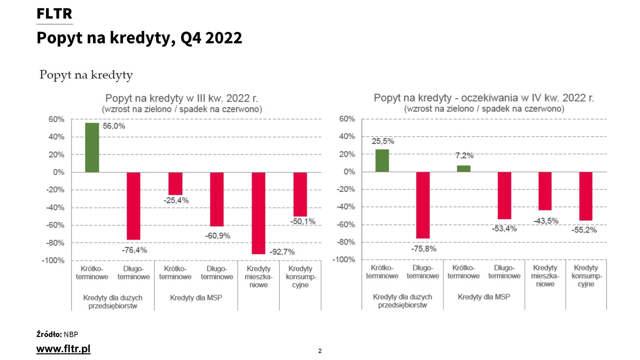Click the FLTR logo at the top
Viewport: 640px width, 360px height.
coord(54,14)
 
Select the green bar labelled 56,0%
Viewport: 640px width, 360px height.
coord(92,147)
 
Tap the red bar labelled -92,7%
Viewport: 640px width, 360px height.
coord(258,213)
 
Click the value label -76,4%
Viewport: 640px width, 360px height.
coord(134,250)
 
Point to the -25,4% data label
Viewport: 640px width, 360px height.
coord(176,200)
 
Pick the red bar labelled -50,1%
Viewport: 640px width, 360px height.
coord(300,194)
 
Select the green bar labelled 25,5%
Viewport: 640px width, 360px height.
coord(382,161)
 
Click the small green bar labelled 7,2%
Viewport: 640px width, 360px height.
coord(463,168)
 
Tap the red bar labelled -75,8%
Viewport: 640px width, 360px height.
coord(423,205)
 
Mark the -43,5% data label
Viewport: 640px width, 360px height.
coord(546,221)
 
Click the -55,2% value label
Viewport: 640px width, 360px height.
coord(584,230)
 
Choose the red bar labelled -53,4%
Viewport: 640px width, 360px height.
coord(504,195)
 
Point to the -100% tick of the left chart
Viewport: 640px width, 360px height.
coord(53,260)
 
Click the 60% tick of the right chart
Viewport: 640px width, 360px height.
coord(347,119)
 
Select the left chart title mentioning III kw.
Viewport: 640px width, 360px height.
coord(182,98)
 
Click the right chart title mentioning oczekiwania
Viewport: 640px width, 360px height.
coord(484,98)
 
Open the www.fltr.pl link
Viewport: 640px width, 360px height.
coord(63,349)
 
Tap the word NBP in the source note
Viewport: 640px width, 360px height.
coord(71,334)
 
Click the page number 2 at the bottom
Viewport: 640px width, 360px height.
coord(320,351)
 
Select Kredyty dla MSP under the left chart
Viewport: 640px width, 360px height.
coord(196,298)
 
